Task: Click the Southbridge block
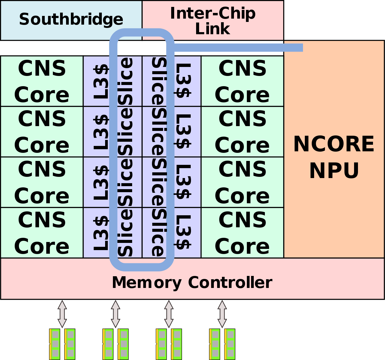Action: click(71, 20)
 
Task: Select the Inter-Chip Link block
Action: click(213, 20)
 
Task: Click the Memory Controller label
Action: click(192, 283)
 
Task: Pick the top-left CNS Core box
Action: click(42, 81)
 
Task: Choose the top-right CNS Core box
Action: click(242, 81)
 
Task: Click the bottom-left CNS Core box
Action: click(42, 233)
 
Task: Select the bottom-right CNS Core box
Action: click(242, 233)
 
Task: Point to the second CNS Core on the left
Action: click(42, 132)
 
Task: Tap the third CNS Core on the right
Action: click(242, 182)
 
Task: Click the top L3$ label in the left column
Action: click(101, 81)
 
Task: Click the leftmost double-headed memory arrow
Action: click(62, 314)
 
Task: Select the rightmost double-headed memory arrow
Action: click(222, 314)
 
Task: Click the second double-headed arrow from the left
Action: click(116, 314)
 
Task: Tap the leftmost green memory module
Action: click(55, 344)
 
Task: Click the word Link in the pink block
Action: click(213, 29)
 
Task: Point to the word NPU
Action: click(334, 171)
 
